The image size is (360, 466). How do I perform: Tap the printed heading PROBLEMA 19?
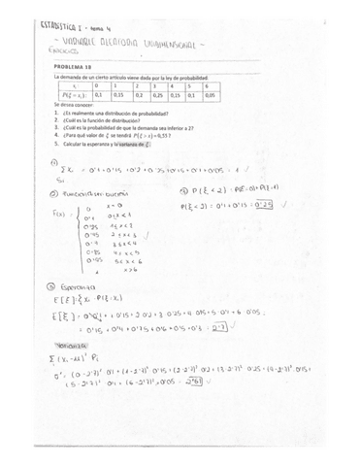72,66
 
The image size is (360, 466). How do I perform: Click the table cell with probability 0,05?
212,95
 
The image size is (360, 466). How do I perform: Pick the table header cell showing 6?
212,84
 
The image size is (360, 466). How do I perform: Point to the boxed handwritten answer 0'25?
264,205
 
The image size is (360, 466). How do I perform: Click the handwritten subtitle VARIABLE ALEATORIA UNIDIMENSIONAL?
146,45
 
